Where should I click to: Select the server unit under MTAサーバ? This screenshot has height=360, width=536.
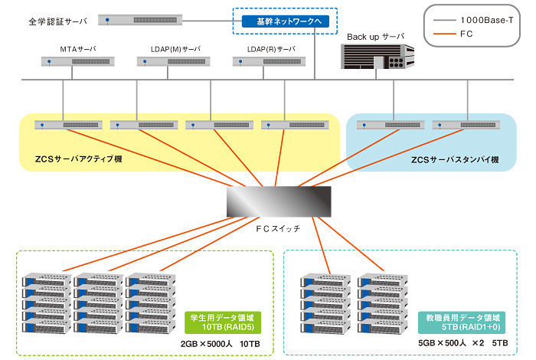tap(73, 66)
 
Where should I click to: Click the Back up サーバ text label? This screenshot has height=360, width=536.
tap(375, 36)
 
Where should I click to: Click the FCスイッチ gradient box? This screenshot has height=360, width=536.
tap(279, 201)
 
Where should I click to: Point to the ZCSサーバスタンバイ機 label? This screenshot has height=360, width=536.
tap(455, 159)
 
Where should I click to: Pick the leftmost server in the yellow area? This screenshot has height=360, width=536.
tap(68, 125)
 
